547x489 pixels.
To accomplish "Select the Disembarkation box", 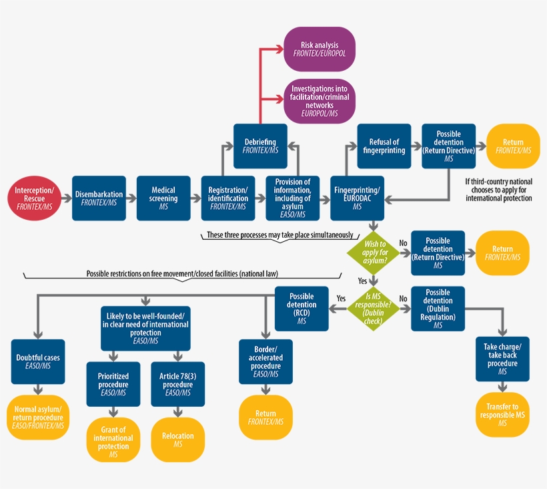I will (x=99, y=198).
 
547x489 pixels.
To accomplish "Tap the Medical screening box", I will (x=163, y=198).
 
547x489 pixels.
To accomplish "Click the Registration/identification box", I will (x=228, y=198).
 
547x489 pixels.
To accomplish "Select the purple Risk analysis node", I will (x=320, y=49).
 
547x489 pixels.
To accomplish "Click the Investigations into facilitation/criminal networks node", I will (x=320, y=101).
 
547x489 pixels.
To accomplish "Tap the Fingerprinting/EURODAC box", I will (x=357, y=198).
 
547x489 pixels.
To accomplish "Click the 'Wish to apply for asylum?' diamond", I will (x=374, y=253).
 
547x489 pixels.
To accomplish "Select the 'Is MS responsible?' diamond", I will (x=374, y=309).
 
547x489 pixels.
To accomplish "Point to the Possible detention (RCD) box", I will (x=302, y=309).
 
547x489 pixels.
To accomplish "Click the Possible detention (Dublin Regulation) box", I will (x=438, y=309).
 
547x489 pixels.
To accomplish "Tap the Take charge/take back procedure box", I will (x=502, y=359).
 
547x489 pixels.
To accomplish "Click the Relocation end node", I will (x=178, y=440).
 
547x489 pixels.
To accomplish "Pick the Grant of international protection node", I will (x=113, y=440).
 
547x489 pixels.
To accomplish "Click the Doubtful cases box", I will (x=38, y=361).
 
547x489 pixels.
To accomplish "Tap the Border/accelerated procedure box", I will (x=266, y=361).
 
